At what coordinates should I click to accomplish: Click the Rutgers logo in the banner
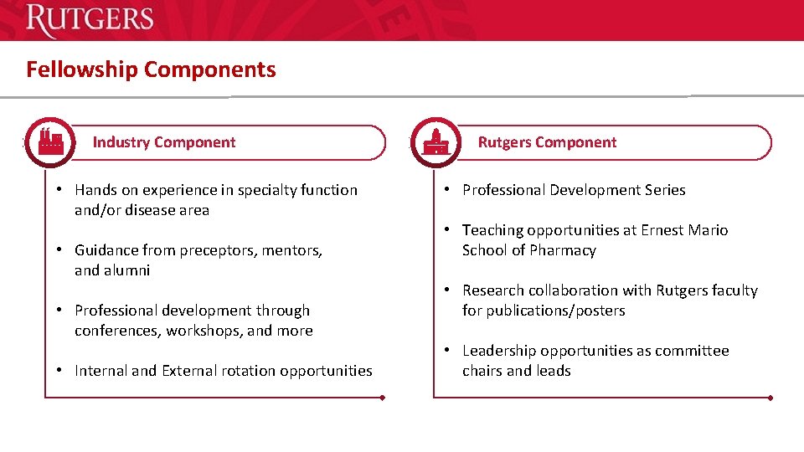coord(90,20)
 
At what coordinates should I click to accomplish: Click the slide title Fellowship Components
coord(151,69)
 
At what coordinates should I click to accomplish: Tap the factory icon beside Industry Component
coord(50,141)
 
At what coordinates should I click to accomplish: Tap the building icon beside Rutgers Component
coord(435,142)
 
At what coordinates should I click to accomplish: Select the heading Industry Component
coord(164,142)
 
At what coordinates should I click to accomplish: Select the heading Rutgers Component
coord(547,142)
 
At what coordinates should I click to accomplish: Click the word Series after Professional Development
coord(663,190)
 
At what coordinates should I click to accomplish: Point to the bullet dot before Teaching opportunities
coord(449,230)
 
